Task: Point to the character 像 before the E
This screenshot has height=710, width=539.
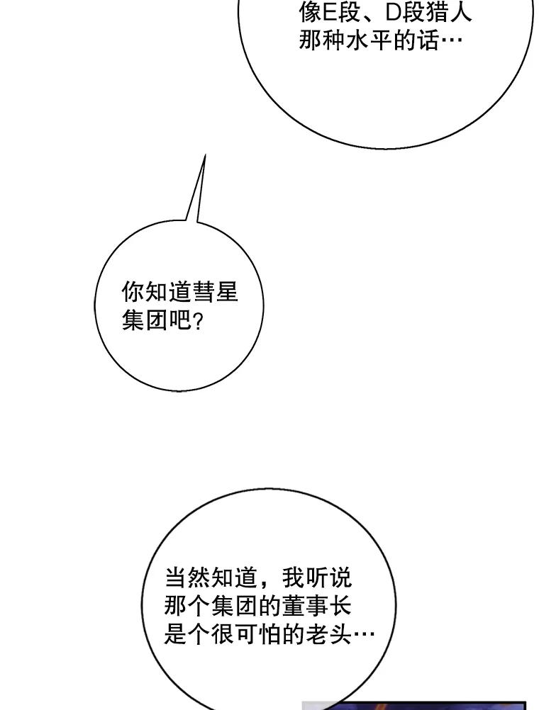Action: [x=309, y=12]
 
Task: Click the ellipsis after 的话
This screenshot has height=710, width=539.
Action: [x=451, y=40]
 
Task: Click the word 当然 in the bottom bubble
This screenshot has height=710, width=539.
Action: [x=187, y=578]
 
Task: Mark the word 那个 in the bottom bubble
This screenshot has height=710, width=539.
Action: [x=187, y=607]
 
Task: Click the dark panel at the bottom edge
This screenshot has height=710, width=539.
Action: [x=415, y=706]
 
